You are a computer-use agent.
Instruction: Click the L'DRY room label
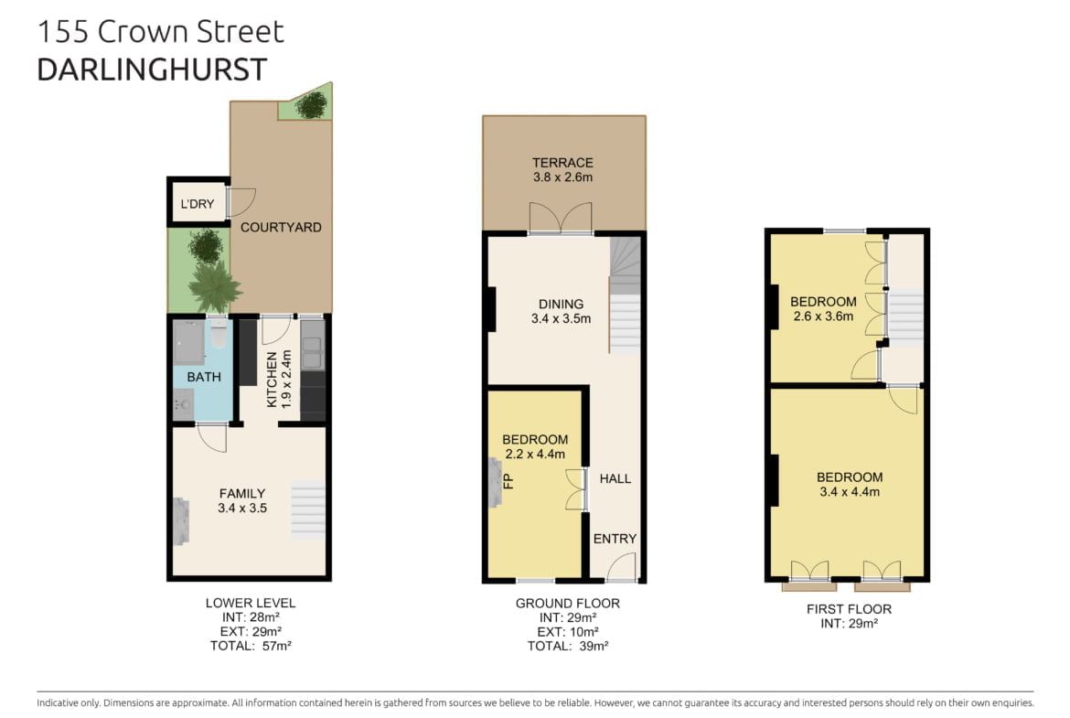coord(198,203)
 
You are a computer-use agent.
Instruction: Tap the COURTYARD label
coord(281,227)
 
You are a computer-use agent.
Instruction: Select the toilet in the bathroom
coord(219,332)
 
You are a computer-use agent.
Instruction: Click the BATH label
coord(203,377)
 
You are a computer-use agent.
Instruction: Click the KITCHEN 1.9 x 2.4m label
coord(279,380)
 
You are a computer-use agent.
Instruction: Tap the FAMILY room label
coord(242,494)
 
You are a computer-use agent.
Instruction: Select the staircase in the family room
coord(308,510)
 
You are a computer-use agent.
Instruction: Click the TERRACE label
coord(563,163)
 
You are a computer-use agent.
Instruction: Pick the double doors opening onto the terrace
coord(561,219)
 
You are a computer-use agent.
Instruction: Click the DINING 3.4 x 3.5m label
coord(561,311)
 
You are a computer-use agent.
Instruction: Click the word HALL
coord(615,478)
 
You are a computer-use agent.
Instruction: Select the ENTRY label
coord(615,539)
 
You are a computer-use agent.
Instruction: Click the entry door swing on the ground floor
coord(622,567)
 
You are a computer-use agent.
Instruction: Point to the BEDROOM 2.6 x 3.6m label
coord(823,308)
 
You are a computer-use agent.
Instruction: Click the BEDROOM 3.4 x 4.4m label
coord(850,484)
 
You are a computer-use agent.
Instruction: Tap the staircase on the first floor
coord(905,318)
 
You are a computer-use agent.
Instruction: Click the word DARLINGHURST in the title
coord(152,70)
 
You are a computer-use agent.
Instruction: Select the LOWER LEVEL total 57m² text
coord(251,646)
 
